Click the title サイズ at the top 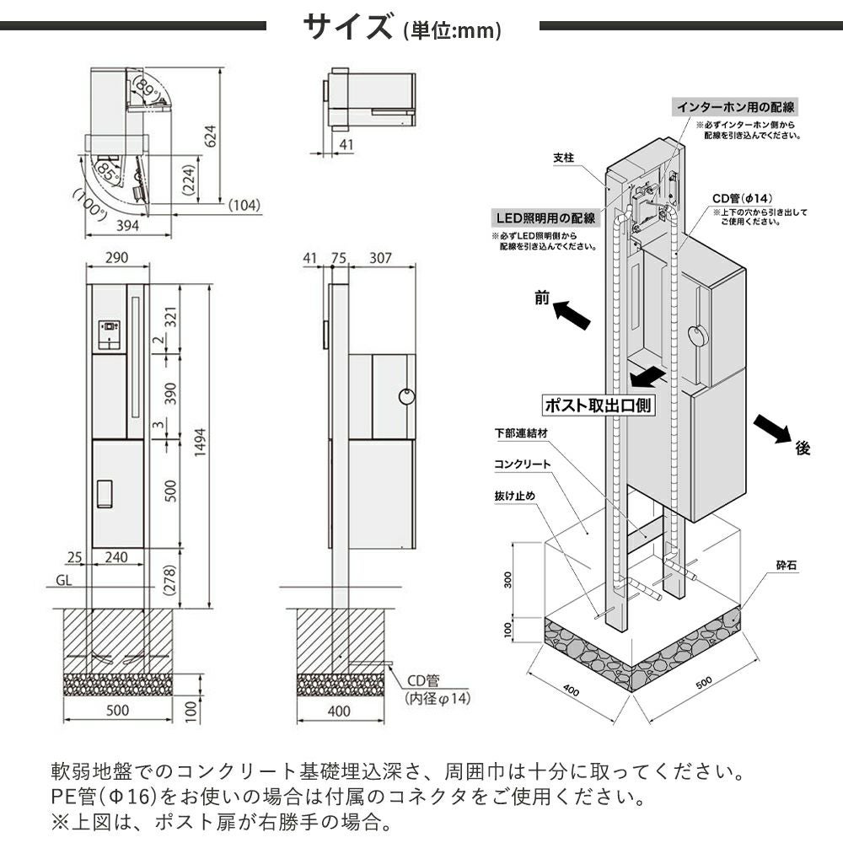click(347, 27)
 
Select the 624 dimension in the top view click(211, 136)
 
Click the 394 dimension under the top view click(126, 224)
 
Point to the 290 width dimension click(117, 257)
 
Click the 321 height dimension click(171, 317)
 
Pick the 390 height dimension click(171, 392)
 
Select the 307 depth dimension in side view click(380, 258)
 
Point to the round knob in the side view click(406, 395)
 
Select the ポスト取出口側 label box click(598, 405)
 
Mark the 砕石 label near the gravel click(784, 565)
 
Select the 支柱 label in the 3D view click(564, 158)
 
